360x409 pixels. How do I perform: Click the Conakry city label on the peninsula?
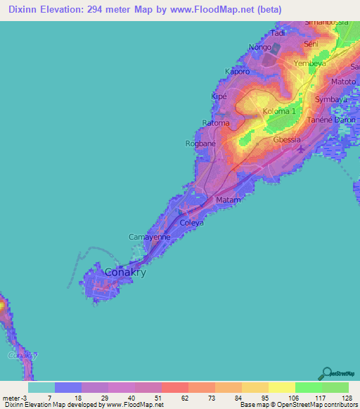(x=124, y=273)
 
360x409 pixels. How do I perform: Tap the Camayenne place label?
(x=149, y=238)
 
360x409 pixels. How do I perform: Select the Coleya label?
(x=191, y=223)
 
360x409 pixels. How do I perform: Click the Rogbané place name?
(x=200, y=143)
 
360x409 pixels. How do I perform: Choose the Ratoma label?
(x=216, y=123)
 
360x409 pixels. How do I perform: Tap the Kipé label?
(x=219, y=97)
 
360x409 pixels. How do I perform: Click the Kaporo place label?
(x=238, y=71)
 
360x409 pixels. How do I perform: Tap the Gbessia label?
(x=286, y=139)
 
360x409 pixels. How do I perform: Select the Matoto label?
(x=343, y=82)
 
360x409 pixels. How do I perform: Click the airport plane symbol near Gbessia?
(x=302, y=149)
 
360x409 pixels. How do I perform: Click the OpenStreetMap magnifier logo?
(x=327, y=374)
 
